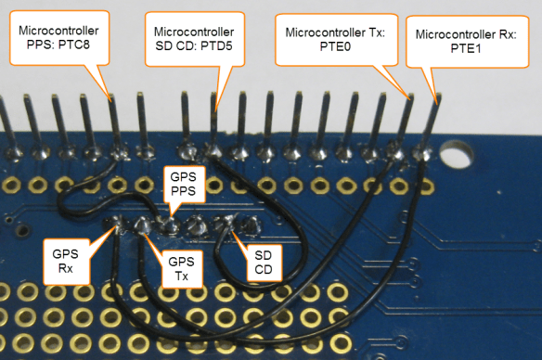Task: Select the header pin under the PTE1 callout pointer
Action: click(x=432, y=121)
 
